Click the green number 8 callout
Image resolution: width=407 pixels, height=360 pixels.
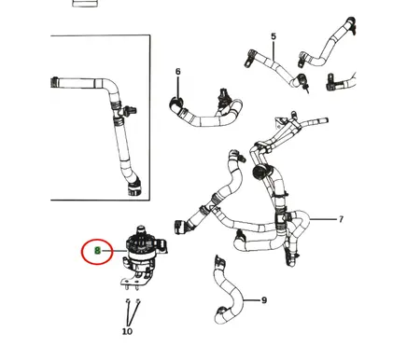(x=97, y=250)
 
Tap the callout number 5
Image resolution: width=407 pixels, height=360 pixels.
(x=274, y=36)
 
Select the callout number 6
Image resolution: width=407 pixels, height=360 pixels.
(x=177, y=72)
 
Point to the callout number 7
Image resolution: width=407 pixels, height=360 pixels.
(x=341, y=219)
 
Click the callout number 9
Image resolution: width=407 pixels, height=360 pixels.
(x=264, y=300)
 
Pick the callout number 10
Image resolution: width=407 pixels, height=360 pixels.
(x=127, y=331)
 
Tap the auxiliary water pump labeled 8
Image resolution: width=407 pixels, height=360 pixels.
(x=143, y=249)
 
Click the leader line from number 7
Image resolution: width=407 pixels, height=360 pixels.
(x=324, y=219)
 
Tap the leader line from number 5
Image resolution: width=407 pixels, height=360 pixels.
(x=274, y=50)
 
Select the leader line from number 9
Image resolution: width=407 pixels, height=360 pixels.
(x=251, y=300)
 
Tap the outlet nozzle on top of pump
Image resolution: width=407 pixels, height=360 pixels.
(x=142, y=230)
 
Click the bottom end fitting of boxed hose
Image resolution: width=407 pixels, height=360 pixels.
(x=134, y=188)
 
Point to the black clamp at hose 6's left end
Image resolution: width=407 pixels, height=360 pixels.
(x=175, y=104)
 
